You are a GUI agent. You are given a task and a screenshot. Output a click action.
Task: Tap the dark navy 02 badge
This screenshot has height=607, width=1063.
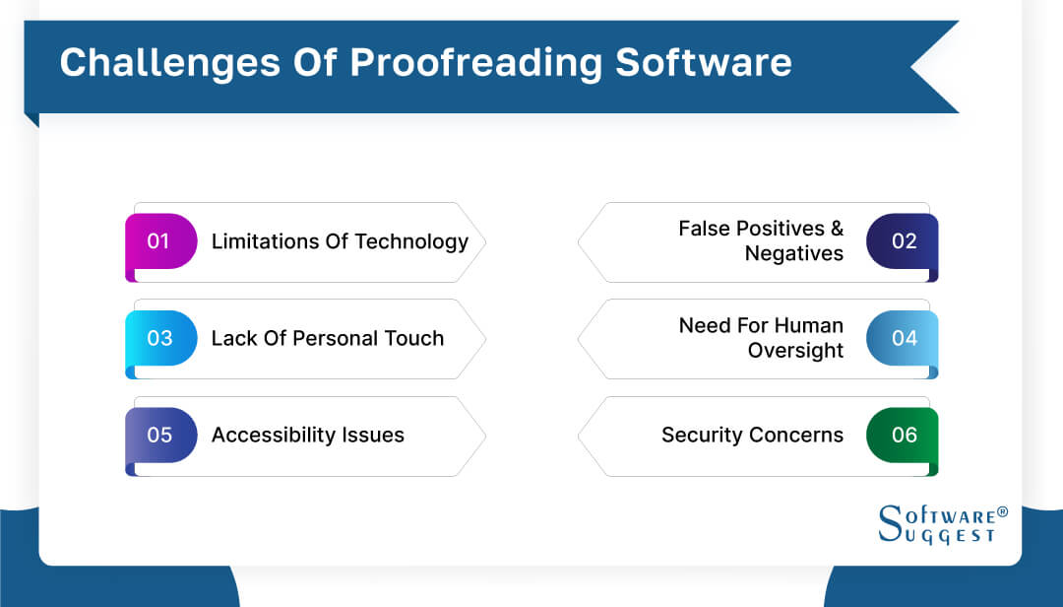pyautogui.click(x=903, y=241)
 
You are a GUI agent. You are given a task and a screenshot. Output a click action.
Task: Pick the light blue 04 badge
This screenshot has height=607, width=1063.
pyautogui.click(x=903, y=338)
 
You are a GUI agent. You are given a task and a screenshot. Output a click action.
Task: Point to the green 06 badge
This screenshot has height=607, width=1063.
pyautogui.click(x=903, y=435)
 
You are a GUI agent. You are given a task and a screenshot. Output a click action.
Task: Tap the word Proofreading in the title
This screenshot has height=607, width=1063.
pyautogui.click(x=476, y=62)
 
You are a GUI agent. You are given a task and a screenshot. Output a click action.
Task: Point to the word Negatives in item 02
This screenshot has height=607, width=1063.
pyautogui.click(x=793, y=253)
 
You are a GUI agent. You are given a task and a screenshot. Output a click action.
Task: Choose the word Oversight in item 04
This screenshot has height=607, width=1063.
pyautogui.click(x=795, y=350)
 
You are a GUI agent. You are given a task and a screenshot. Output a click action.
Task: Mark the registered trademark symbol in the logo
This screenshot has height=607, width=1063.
pyautogui.click(x=1002, y=512)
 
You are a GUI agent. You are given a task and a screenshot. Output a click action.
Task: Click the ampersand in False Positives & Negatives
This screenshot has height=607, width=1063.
pyautogui.click(x=837, y=229)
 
